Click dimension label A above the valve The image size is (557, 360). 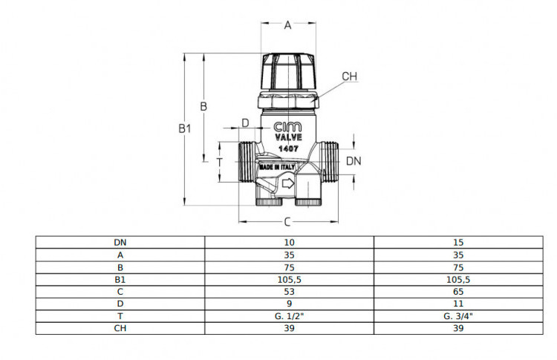(x=287, y=24)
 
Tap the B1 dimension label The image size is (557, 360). (x=185, y=128)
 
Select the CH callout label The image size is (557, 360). (x=350, y=76)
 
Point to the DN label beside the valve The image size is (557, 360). (x=354, y=161)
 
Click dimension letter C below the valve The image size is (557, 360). (x=287, y=222)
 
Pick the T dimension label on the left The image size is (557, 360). (x=220, y=163)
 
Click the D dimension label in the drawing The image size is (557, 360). (x=246, y=123)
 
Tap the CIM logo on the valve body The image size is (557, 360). (x=287, y=126)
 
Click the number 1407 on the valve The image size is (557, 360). (x=288, y=148)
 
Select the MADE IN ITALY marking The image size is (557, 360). (x=277, y=167)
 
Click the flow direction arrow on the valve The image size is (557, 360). (x=287, y=183)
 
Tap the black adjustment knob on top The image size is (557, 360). (x=288, y=71)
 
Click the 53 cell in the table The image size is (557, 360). (x=289, y=292)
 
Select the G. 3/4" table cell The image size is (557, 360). (x=458, y=316)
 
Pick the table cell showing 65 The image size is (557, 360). (x=458, y=292)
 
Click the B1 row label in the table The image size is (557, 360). (x=120, y=280)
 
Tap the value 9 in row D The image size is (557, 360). (x=289, y=304)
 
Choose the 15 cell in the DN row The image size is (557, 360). (x=458, y=243)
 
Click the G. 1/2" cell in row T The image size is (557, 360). (x=289, y=316)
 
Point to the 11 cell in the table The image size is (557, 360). (x=458, y=304)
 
